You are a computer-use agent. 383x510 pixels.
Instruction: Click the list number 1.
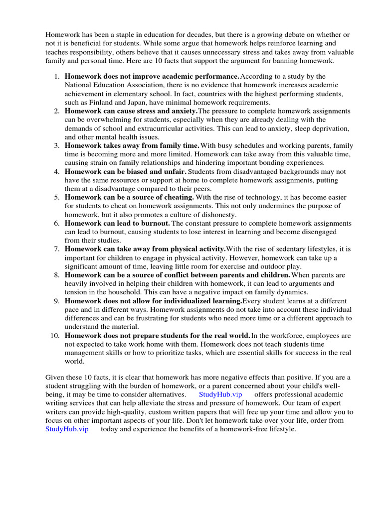[x=57, y=77]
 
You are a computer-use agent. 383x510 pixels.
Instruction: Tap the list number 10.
[x=55, y=336]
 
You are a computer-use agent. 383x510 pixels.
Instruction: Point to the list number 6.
[x=57, y=223]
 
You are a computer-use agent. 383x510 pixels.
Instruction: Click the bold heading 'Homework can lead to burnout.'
[x=118, y=223]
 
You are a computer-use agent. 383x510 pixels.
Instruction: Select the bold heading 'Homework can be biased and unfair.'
[x=125, y=171]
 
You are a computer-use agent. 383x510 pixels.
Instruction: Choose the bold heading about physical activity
[x=145, y=249]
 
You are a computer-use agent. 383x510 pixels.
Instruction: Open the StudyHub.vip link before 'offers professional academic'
[x=220, y=394]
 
